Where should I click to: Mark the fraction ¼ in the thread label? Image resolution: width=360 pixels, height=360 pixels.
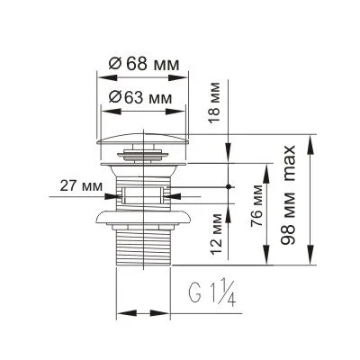tap(222, 292)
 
